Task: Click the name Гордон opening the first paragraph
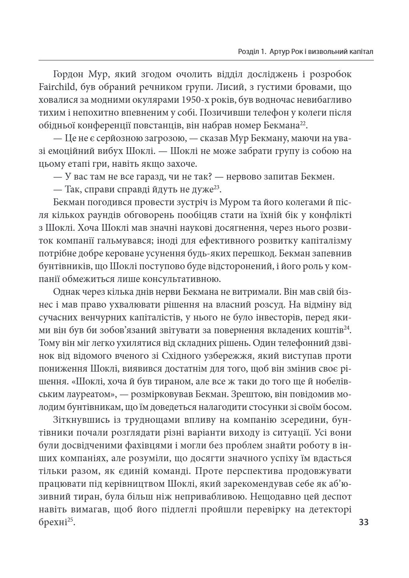pos(71,74)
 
